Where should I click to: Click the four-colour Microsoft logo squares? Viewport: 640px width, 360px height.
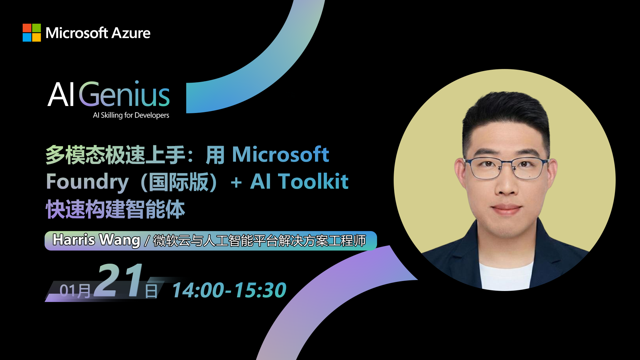coord(32,33)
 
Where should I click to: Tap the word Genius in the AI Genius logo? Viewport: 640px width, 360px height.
coord(124,94)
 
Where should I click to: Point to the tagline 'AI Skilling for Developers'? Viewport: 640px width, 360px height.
coord(131,115)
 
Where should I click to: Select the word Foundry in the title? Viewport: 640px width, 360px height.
coord(87,182)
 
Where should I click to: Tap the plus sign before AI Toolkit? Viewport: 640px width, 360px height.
coord(236,183)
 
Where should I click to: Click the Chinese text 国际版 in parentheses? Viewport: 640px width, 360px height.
coord(179,182)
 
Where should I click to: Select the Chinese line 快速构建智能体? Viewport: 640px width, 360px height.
coord(115,209)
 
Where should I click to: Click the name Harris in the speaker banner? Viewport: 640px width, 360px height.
coord(74,240)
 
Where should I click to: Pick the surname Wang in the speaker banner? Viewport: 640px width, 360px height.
coord(120,240)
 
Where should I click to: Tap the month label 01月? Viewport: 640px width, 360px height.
coord(75,291)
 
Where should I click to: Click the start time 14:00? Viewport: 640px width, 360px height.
coord(198,290)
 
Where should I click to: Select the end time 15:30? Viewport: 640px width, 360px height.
coord(260,290)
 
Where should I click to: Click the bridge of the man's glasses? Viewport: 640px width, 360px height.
coord(506,163)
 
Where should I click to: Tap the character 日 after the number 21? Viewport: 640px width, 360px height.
coord(151,291)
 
